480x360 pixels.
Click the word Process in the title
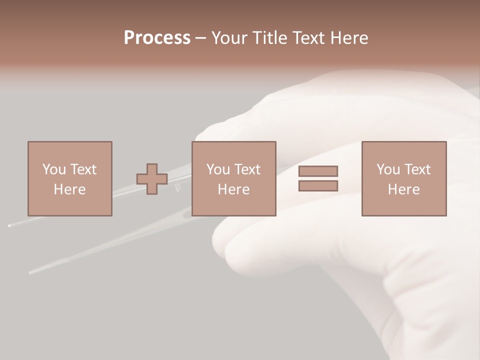pyautogui.click(x=157, y=38)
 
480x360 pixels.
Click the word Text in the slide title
pyautogui.click(x=306, y=38)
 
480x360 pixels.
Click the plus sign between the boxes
pyautogui.click(x=152, y=179)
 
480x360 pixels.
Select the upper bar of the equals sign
pyautogui.click(x=318, y=171)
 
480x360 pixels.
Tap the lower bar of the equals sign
pyautogui.click(x=318, y=186)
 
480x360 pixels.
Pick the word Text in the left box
pyautogui.click(x=83, y=169)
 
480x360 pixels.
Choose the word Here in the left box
pyautogui.click(x=69, y=189)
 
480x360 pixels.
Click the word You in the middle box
pyautogui.click(x=218, y=169)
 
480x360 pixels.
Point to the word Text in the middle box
pyautogui.click(x=247, y=169)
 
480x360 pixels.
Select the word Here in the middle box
pyautogui.click(x=233, y=189)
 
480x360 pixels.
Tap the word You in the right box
pyautogui.click(x=388, y=169)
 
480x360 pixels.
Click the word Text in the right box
pyautogui.click(x=417, y=169)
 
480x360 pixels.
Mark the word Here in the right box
pyautogui.click(x=403, y=189)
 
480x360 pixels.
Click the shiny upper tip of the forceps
pyautogui.click(x=9, y=226)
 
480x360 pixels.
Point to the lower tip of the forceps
pyautogui.click(x=31, y=272)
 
